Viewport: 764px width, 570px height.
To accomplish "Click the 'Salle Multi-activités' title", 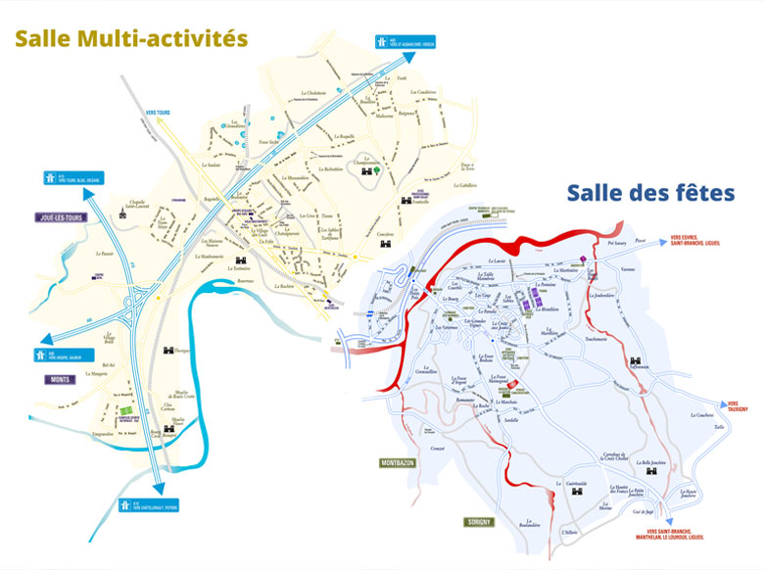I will [x=129, y=39].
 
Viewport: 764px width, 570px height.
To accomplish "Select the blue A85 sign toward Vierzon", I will [x=405, y=42].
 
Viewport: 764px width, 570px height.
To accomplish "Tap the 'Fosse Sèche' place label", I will [x=267, y=142].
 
